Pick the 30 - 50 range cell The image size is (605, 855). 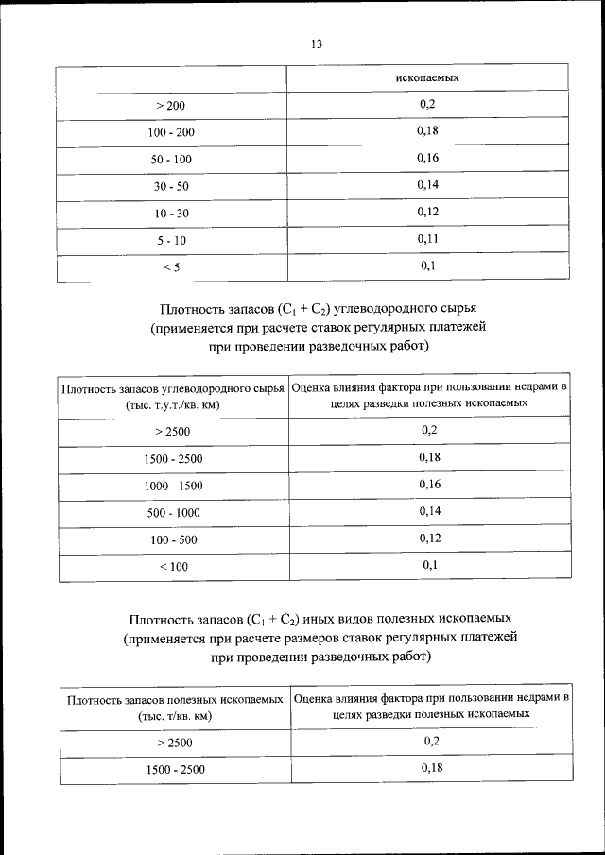[x=172, y=187]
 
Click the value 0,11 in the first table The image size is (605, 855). [x=427, y=240]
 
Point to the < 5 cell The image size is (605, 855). [x=172, y=268]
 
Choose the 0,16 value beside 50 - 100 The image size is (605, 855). [x=427, y=159]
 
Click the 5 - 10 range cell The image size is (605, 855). [x=172, y=242]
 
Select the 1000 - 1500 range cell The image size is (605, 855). [x=174, y=486]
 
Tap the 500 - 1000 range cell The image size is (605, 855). [x=174, y=513]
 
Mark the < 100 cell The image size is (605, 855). [x=174, y=567]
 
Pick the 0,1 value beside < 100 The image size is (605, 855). [x=429, y=565]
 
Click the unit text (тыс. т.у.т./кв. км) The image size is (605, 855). [x=172, y=404]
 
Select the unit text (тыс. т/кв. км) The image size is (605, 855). [x=174, y=716]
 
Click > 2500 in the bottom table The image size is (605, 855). [x=174, y=744]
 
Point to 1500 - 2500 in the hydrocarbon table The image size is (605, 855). [x=174, y=459]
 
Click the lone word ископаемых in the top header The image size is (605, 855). [x=427, y=76]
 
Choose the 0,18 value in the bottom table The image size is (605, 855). [x=431, y=768]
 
